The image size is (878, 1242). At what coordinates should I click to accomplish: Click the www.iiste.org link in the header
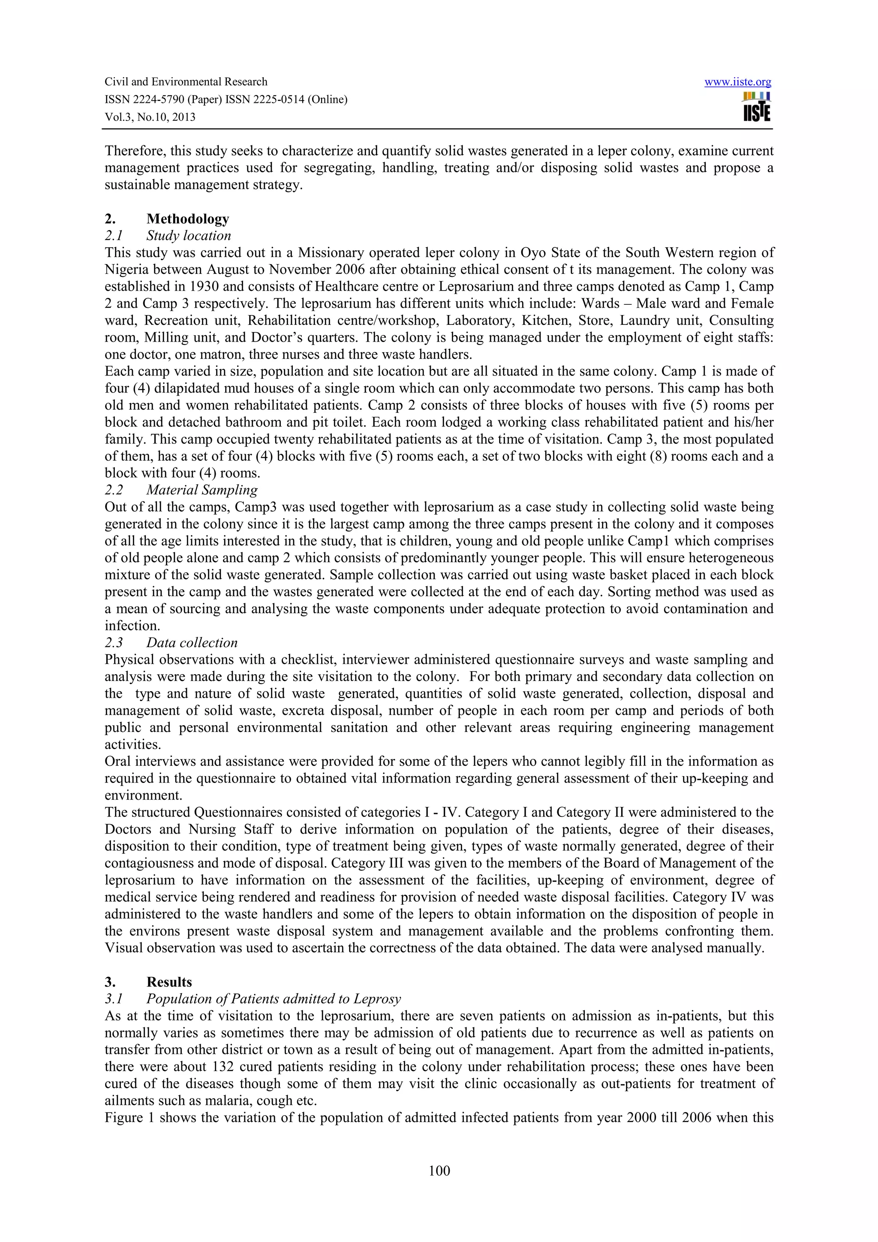[737, 82]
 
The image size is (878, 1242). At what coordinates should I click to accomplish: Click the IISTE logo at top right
[757, 107]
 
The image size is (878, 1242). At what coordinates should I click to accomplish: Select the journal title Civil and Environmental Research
[186, 82]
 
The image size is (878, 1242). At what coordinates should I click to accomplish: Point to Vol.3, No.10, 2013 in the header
[150, 117]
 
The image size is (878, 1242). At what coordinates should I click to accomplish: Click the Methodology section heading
[188, 219]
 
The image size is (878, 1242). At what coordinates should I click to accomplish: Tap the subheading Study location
[188, 235]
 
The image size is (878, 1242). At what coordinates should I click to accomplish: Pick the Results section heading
[169, 982]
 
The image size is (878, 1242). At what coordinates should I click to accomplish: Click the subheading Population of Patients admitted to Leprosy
[273, 999]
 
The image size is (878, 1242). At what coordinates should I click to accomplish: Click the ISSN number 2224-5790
[159, 99]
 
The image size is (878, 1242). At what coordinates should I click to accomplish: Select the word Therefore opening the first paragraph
[134, 151]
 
